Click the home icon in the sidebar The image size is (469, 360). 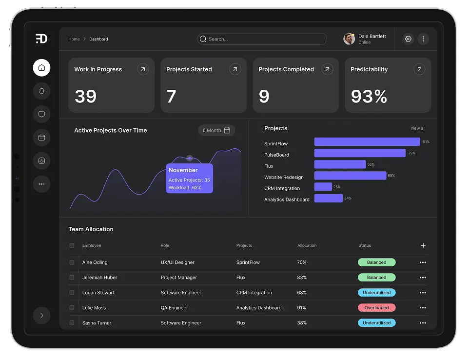(x=41, y=67)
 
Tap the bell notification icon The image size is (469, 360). (x=41, y=91)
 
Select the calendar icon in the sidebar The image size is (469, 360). (x=41, y=138)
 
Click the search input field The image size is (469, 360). (x=262, y=39)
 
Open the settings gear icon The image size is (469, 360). (x=408, y=39)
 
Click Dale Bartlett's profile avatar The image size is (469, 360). (x=349, y=39)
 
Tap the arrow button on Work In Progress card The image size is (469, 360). (x=143, y=69)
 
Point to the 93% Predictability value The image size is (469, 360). (x=369, y=97)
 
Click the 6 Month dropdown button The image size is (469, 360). (x=216, y=130)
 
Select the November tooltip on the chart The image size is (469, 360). (x=189, y=179)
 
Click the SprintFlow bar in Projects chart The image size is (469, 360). (x=367, y=142)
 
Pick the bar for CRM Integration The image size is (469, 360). (x=323, y=187)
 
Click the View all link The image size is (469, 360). (x=418, y=128)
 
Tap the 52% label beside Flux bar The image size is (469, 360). (x=371, y=165)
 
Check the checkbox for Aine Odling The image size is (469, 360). (x=72, y=262)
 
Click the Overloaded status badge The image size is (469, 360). (x=376, y=308)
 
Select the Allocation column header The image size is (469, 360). (x=307, y=245)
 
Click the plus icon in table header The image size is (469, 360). (x=423, y=245)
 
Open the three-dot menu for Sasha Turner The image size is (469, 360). (x=423, y=323)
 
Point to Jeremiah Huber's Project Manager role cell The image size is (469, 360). (x=179, y=278)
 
